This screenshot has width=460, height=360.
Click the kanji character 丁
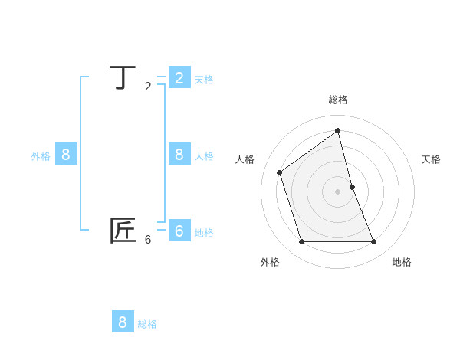pyautogui.click(x=123, y=78)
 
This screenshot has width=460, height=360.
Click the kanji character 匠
pyautogui.click(x=123, y=231)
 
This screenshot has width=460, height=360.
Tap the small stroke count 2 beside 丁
pyautogui.click(x=148, y=87)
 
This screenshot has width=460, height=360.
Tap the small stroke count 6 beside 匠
pyautogui.click(x=148, y=240)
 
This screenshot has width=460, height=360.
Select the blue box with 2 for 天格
pyautogui.click(x=179, y=77)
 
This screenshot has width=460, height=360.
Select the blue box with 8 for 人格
pyautogui.click(x=179, y=154)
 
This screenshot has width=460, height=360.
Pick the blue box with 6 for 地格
pyautogui.click(x=179, y=231)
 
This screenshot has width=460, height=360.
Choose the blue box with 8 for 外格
pyautogui.click(x=66, y=154)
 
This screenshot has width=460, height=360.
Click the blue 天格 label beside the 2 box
pyautogui.click(x=204, y=80)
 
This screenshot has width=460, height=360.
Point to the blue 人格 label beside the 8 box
pyautogui.click(x=204, y=156)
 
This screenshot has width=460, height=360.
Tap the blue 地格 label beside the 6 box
pyautogui.click(x=204, y=233)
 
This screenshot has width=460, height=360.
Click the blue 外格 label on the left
pyautogui.click(x=41, y=156)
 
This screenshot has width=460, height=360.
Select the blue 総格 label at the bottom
pyautogui.click(x=147, y=324)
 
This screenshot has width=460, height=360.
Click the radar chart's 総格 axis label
pyautogui.click(x=338, y=100)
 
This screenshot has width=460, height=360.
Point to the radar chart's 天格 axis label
pyautogui.click(x=431, y=159)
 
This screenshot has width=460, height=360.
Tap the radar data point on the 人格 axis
pyautogui.click(x=280, y=172)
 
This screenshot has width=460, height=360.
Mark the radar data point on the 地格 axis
pyautogui.click(x=374, y=241)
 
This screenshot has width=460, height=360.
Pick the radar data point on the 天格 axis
pyautogui.click(x=352, y=187)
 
